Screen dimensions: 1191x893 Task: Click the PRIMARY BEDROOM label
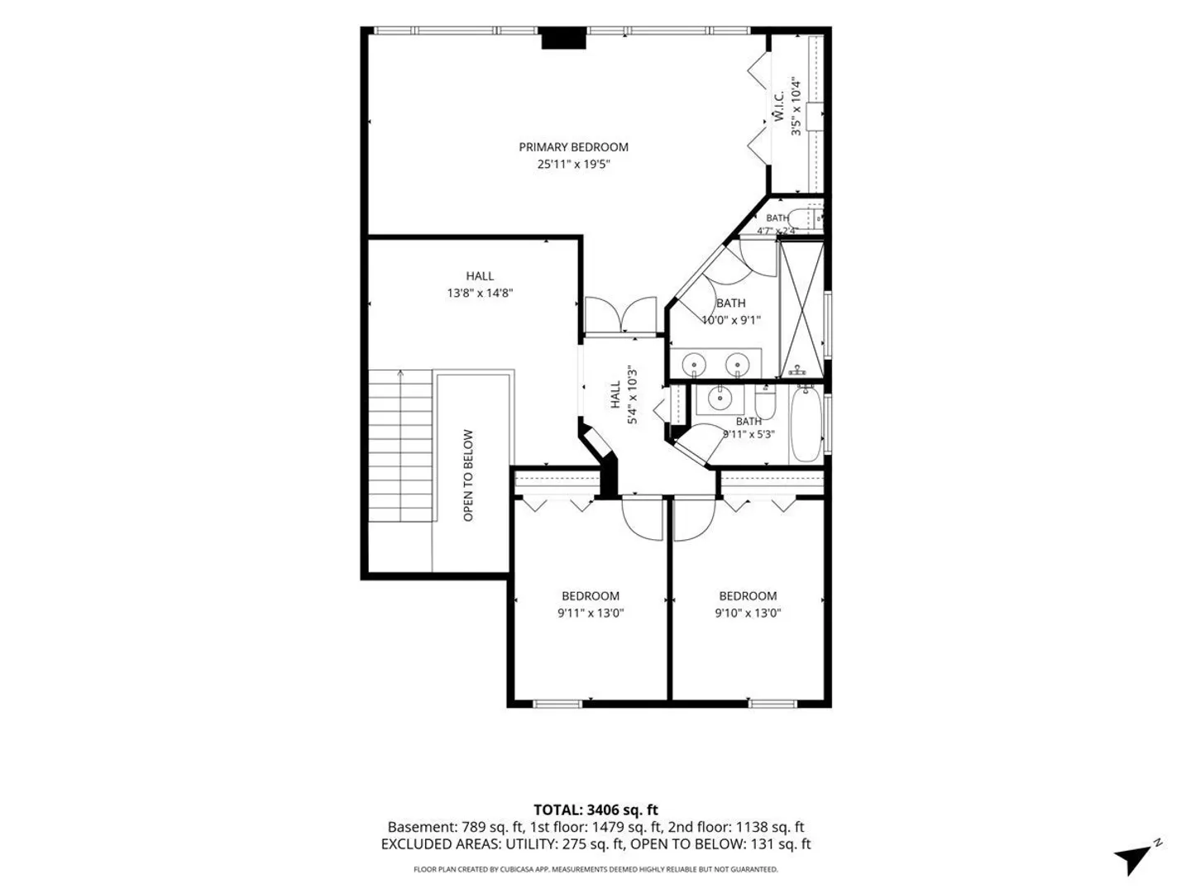click(573, 147)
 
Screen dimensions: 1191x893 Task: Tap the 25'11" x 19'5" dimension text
click(573, 164)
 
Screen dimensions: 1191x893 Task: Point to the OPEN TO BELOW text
click(468, 475)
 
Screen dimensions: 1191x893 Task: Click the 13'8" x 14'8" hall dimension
click(480, 293)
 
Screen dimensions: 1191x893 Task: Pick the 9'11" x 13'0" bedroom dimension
click(591, 613)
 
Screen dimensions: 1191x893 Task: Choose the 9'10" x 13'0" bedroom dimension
click(748, 613)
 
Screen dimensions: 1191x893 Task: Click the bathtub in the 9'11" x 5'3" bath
click(806, 423)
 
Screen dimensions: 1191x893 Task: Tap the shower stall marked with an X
click(801, 309)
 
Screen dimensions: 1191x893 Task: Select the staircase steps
click(400, 446)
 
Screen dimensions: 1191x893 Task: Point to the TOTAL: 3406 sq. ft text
click(595, 810)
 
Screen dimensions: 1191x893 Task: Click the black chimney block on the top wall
click(564, 38)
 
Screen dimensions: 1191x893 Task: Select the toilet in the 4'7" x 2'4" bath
click(806, 218)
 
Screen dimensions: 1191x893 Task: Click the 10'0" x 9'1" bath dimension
click(731, 320)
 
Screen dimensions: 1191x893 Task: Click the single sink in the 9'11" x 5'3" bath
click(720, 399)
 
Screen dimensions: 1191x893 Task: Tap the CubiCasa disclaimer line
click(595, 869)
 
